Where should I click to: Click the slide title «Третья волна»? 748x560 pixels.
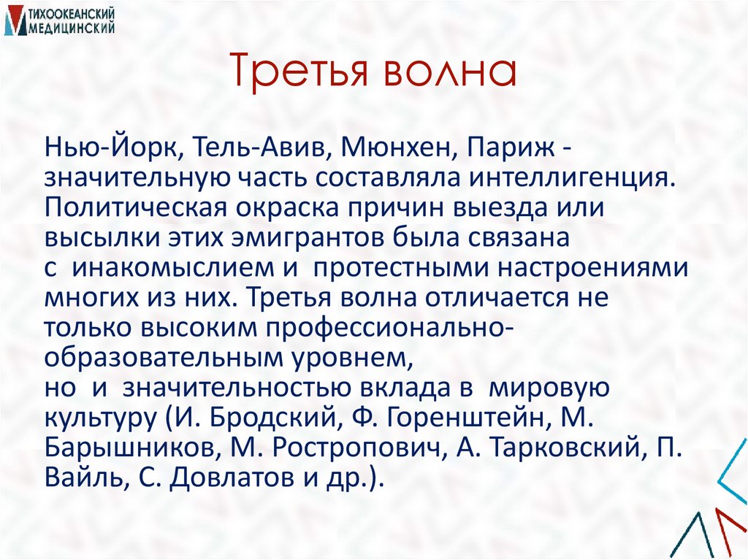tap(373, 74)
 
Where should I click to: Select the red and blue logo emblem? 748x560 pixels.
tap(14, 20)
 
